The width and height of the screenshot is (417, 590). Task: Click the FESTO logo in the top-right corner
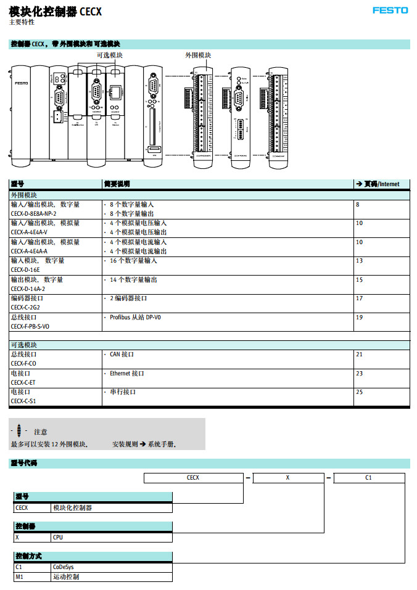390,10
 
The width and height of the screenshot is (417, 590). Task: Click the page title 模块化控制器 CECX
56,12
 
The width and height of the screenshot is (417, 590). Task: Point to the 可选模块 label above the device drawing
110,55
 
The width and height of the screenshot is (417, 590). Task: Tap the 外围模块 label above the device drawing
198,55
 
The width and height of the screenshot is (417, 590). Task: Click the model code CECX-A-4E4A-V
38,232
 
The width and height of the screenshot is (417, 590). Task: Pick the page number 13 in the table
359,261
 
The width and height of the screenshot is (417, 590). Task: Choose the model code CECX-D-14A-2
36,289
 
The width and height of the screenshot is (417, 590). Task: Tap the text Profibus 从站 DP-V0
135,318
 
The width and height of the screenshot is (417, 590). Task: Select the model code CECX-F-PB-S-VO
38,326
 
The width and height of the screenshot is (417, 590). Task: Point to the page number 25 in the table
359,392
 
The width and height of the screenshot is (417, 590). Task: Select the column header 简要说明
117,184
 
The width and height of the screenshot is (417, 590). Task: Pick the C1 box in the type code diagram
368,478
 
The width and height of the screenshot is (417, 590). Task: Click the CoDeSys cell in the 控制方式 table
63,567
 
